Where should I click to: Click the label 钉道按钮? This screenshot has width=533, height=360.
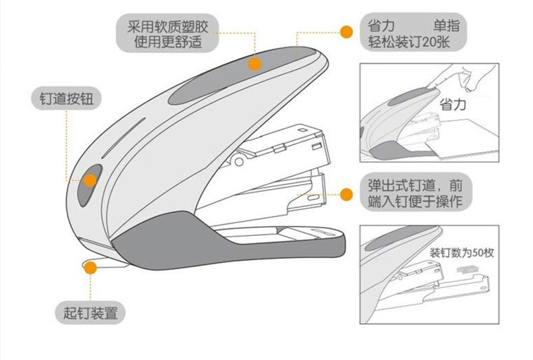pos(66,98)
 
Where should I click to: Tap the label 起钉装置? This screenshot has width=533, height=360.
pos(90,313)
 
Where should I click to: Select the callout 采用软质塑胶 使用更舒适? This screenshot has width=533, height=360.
pos(167,33)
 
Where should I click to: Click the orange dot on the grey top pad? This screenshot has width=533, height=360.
pos(254,64)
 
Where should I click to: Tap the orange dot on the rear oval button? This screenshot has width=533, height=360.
pos(90,181)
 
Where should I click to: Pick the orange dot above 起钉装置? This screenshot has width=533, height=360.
pos(90,268)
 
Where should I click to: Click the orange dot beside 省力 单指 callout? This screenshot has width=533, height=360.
pos(346,32)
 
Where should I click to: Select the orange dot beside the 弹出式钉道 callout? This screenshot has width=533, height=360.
pos(346,195)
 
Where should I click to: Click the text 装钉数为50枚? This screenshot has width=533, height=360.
pos(461,253)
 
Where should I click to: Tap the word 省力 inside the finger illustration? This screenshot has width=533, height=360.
pos(453,104)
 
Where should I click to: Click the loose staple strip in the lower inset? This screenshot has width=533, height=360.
pos(468,270)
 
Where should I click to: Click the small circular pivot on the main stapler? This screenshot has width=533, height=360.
pos(239,162)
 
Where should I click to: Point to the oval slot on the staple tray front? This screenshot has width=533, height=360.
pos(313,198)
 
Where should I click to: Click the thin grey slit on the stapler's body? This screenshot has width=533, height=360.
pos(123,138)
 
